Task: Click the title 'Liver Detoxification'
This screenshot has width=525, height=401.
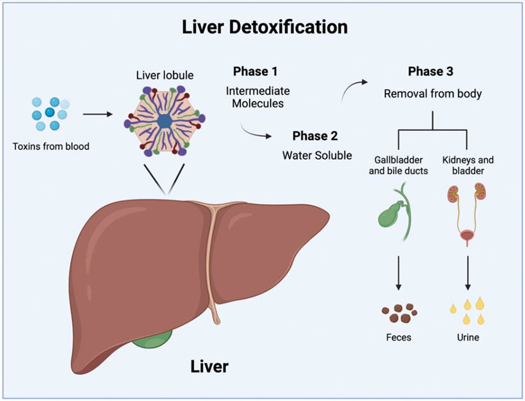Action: [265, 27]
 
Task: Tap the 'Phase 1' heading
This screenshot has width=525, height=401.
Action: [255, 71]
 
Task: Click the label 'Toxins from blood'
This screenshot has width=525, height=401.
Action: [51, 146]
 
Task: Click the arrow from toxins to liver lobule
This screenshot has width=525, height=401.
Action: [99, 115]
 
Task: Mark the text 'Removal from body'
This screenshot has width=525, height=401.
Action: [433, 94]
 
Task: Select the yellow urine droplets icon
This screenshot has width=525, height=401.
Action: [469, 312]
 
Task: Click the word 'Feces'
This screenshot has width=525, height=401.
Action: [399, 337]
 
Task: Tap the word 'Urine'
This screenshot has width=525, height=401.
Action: [469, 337]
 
